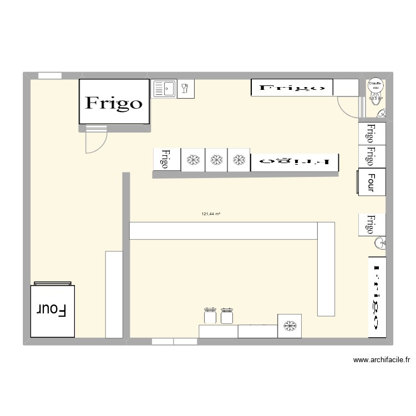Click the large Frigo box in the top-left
click(x=114, y=102)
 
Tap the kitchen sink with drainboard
click(x=164, y=88)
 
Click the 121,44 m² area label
click(x=211, y=214)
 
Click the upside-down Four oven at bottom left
click(x=52, y=310)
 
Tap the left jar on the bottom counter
click(x=210, y=316)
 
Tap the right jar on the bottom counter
click(x=226, y=316)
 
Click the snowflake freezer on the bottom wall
click(x=289, y=326)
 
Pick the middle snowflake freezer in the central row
click(x=216, y=160)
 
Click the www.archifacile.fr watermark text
click(x=381, y=360)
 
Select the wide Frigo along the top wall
click(x=292, y=88)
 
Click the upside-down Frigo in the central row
click(x=294, y=161)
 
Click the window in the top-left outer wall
click(x=49, y=75)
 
